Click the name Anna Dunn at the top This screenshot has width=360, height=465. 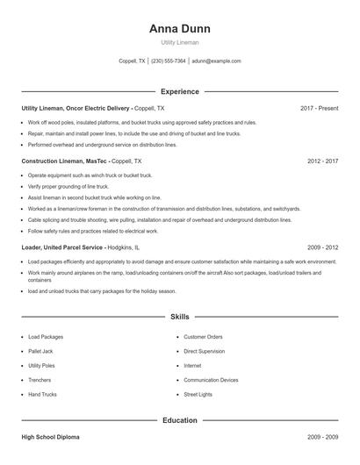pos(180,28)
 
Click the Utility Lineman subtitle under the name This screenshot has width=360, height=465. pos(180,41)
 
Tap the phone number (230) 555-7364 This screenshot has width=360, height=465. pos(169,61)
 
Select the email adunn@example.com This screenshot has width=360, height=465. pos(216,61)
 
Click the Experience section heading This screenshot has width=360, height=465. pos(180,91)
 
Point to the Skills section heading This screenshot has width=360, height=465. pos(180,316)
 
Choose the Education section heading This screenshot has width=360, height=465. pos(180,420)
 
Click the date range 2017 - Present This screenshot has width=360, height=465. pos(319,108)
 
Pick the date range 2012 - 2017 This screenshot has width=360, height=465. pos(322,161)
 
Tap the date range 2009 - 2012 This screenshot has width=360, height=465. pos(322,248)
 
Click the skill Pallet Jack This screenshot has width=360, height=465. pos(41,351)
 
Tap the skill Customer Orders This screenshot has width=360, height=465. pos(203,337)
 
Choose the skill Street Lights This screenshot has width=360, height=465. pos(198,395)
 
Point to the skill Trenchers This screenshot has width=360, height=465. pos(40,380)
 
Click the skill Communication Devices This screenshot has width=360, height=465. pos(211,380)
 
